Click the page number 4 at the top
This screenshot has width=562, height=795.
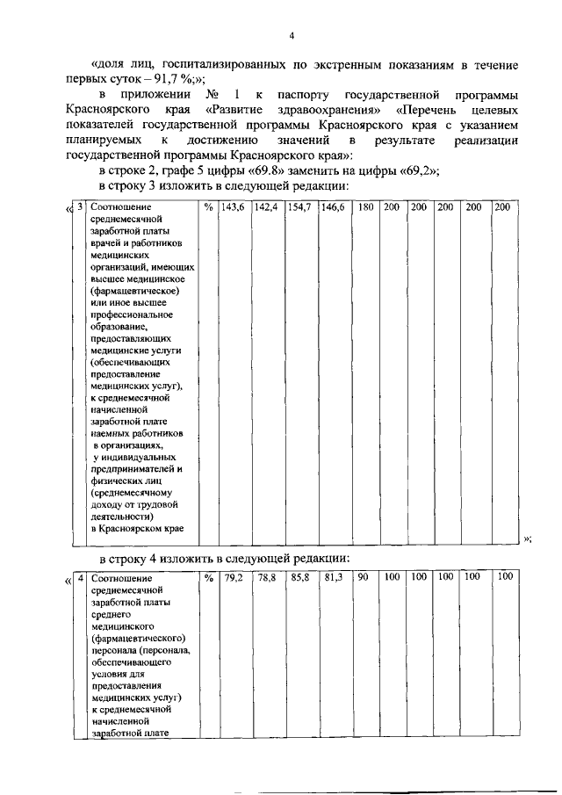point(292,35)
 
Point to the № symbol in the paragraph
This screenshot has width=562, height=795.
point(212,95)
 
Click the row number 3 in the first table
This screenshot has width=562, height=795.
point(80,207)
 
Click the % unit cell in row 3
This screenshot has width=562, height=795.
point(208,207)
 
